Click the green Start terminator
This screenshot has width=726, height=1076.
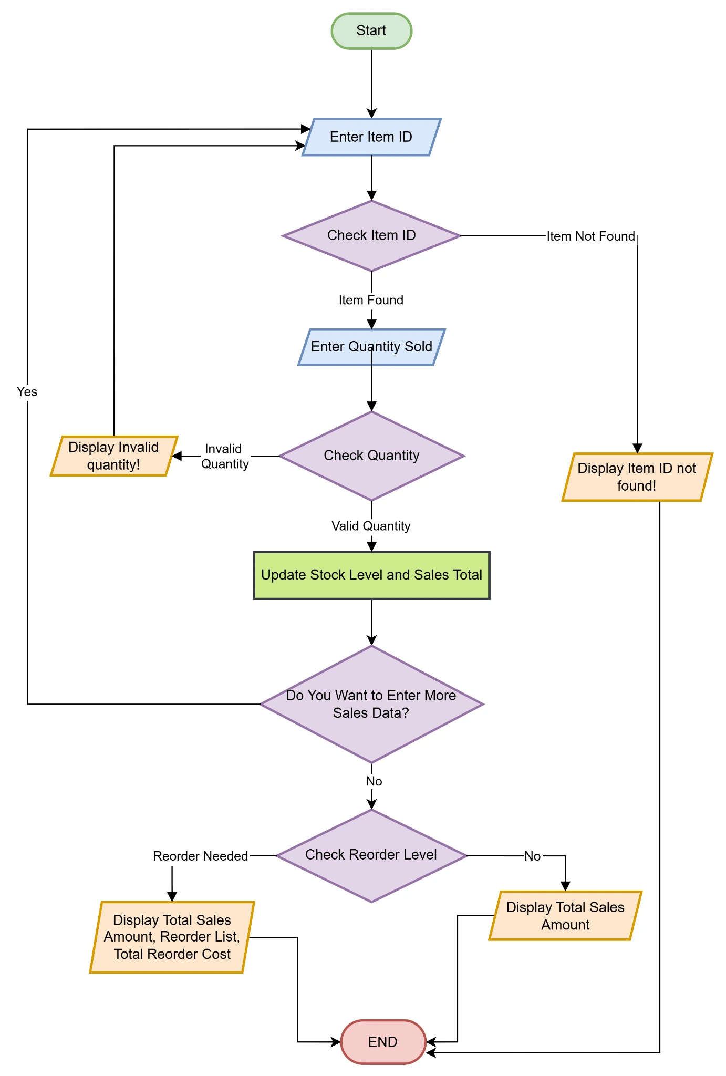[x=371, y=31]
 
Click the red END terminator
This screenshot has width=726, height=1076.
[x=383, y=1042]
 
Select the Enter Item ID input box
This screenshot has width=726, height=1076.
[x=371, y=137]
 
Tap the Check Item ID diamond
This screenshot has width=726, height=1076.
[x=371, y=236]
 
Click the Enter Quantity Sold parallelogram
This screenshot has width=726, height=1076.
[x=371, y=347]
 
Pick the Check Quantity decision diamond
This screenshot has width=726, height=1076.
[x=371, y=456]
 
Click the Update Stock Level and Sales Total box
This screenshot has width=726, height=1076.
[x=371, y=575]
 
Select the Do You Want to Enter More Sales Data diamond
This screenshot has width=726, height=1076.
[x=371, y=704]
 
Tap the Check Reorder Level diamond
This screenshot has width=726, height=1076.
[x=371, y=855]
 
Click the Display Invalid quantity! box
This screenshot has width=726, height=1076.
[x=113, y=456]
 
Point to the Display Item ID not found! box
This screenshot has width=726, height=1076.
[x=637, y=477]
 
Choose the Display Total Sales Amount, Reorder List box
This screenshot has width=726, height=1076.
[x=172, y=937]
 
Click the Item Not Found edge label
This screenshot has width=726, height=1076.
[x=590, y=236]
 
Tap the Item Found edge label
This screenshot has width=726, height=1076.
[x=371, y=300]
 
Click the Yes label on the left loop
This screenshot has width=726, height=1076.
[x=27, y=392]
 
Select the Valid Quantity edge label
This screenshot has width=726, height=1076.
[x=371, y=526]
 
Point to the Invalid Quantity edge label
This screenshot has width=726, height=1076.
[x=224, y=456]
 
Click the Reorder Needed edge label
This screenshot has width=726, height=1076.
[x=200, y=856]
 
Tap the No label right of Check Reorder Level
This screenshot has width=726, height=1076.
[x=532, y=856]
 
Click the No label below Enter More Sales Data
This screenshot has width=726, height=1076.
[x=374, y=781]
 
